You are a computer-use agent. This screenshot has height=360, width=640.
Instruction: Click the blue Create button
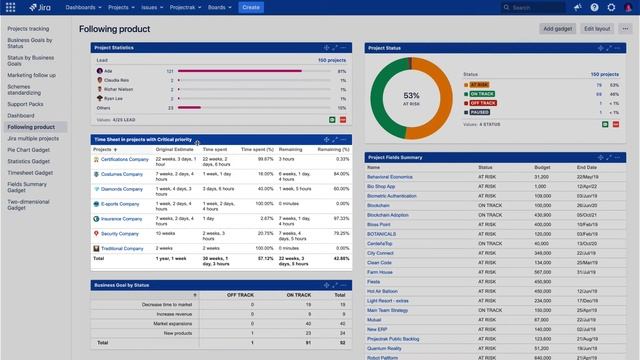pos(250,7)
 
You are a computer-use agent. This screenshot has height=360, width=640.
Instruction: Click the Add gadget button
pos(557,29)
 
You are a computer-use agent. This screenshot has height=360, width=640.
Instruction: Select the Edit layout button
pos(597,29)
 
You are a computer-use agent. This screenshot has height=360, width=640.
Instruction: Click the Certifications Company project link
pos(125,159)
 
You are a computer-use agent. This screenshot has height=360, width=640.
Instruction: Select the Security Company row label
pos(120,233)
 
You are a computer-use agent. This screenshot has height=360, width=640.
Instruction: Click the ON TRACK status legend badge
pos(483,94)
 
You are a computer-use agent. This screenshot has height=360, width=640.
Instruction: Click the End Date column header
pos(587,168)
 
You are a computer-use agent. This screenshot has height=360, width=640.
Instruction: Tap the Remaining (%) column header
pos(334,149)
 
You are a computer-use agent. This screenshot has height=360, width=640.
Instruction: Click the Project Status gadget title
pos(387,48)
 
